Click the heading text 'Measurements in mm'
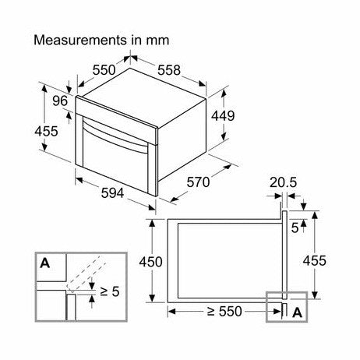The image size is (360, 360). [x=101, y=41]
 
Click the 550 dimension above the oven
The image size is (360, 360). [x=104, y=70]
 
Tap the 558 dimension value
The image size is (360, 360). [x=169, y=70]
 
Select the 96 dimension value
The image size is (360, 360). [x=60, y=101]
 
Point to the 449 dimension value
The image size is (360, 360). [x=223, y=116]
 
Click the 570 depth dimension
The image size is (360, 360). [x=198, y=182]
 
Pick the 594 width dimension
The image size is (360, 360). [x=112, y=193]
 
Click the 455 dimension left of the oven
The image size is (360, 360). [x=47, y=131]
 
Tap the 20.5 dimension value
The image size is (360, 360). [x=283, y=182]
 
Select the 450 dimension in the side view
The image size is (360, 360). [x=150, y=262]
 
